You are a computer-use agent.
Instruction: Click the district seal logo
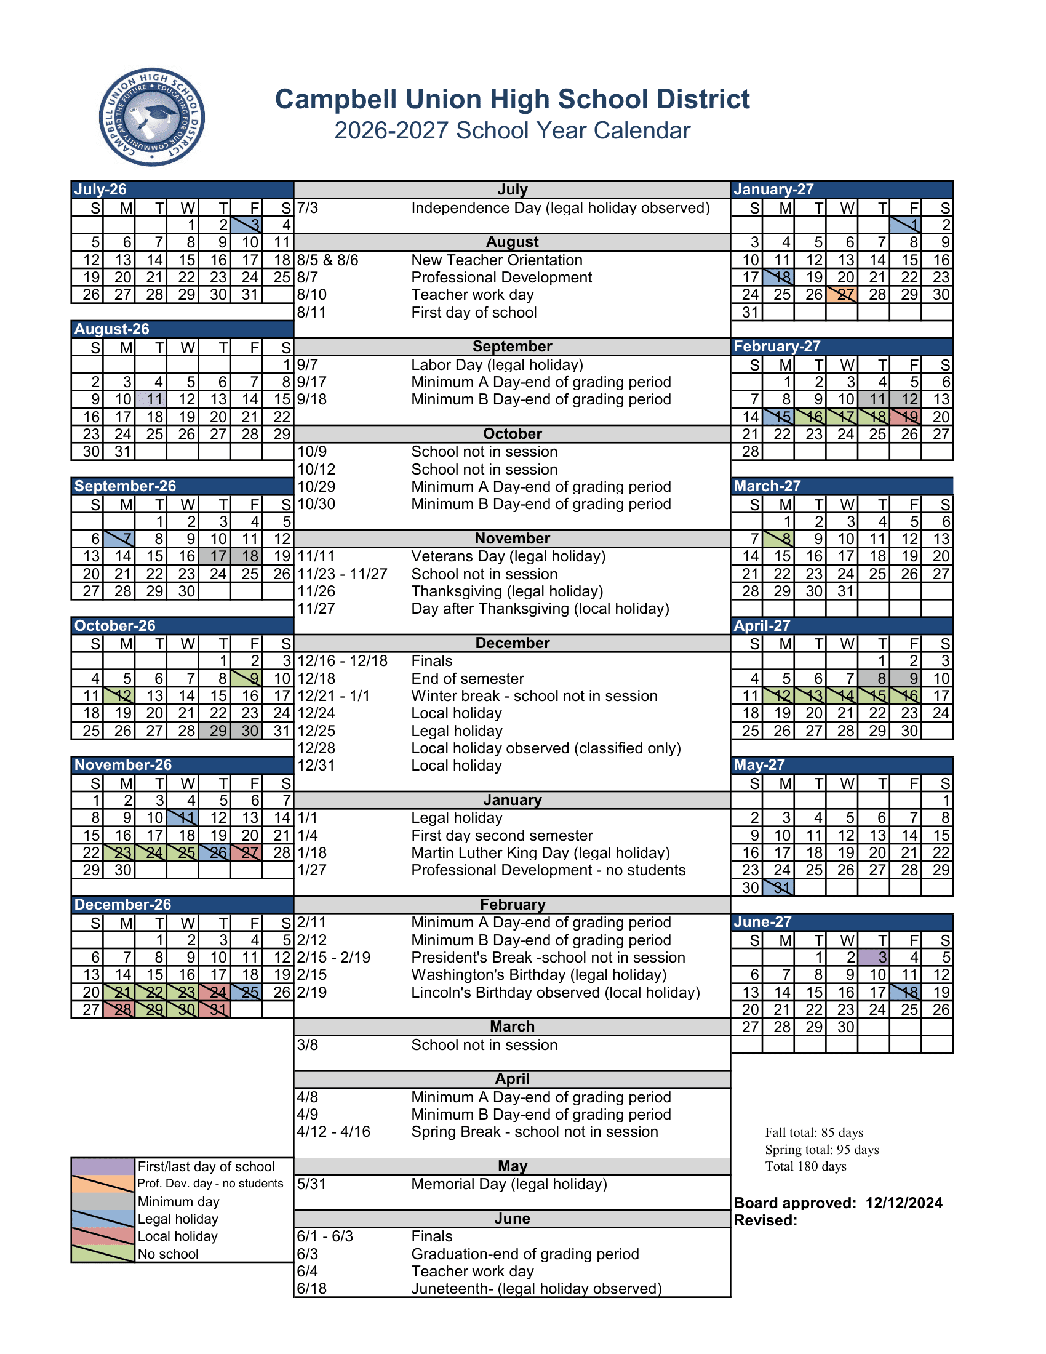(x=152, y=117)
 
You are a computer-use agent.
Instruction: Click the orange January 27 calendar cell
(x=842, y=294)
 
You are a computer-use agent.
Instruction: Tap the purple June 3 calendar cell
(x=874, y=957)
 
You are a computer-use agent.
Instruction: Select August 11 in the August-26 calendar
(x=151, y=399)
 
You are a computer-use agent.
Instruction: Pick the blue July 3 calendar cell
(x=246, y=225)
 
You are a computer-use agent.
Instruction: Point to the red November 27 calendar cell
(x=246, y=852)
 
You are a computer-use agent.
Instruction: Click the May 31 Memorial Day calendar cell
(x=778, y=887)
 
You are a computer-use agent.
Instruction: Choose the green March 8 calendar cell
(x=778, y=539)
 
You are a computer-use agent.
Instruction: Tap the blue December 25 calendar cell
(x=246, y=992)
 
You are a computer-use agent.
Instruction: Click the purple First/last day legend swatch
(x=103, y=1166)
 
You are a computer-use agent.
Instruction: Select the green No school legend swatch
(x=103, y=1254)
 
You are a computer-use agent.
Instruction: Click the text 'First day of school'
(x=474, y=313)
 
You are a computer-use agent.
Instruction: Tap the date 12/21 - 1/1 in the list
(x=333, y=695)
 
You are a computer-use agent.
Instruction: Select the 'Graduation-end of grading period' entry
(x=525, y=1254)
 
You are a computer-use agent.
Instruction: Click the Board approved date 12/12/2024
(x=903, y=1203)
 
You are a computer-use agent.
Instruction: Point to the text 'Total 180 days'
(x=805, y=1166)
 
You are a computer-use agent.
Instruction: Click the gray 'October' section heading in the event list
(x=512, y=434)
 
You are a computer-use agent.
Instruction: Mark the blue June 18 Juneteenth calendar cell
(x=905, y=992)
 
